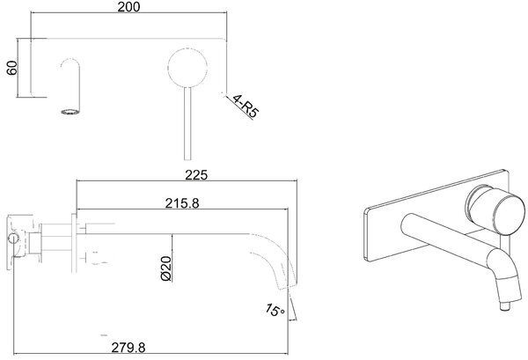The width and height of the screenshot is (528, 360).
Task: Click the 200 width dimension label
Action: pos(128,7)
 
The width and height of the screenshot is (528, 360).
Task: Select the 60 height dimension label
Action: pos(11,68)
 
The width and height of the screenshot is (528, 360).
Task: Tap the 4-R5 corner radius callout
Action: pos(246,107)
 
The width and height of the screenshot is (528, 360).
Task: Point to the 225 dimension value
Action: pos(196,175)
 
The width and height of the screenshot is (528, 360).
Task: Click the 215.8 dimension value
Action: pos(182,203)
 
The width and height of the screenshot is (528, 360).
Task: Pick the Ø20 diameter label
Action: pos(166,268)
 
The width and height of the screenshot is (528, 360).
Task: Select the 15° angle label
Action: pos(275,310)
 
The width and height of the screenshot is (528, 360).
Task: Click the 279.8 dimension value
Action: pos(128,347)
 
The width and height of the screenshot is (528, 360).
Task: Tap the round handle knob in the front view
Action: pos(187,69)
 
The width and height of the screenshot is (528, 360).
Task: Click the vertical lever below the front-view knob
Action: pos(187,124)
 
